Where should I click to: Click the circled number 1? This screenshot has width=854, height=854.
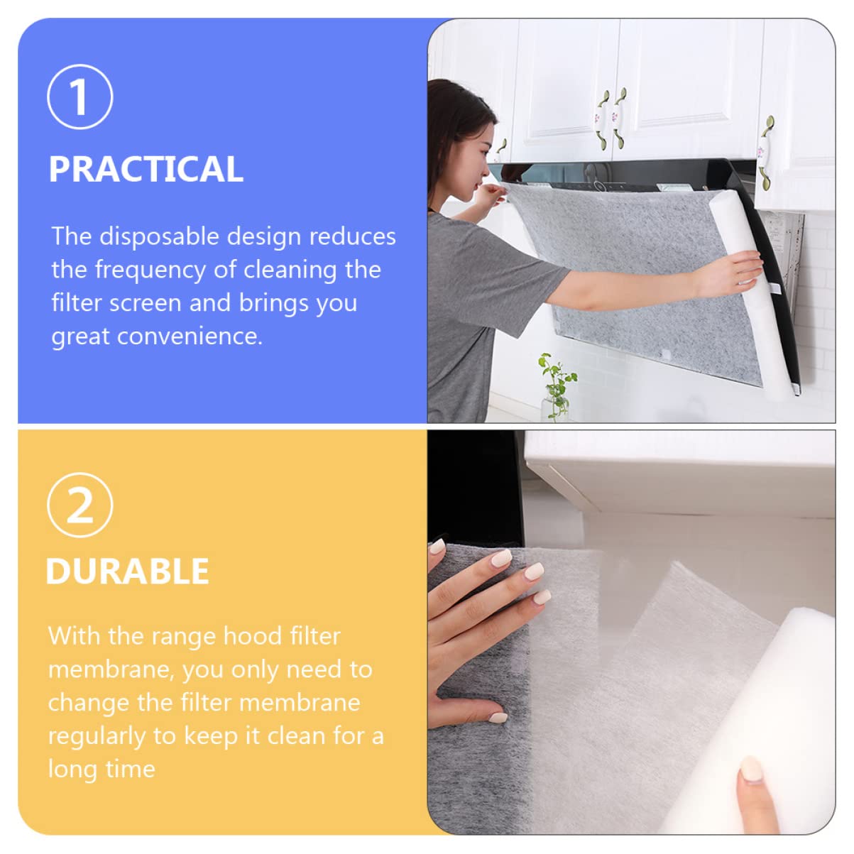click(x=80, y=97)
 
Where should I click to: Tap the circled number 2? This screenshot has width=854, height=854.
click(x=80, y=505)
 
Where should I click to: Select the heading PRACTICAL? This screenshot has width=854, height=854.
click(x=146, y=169)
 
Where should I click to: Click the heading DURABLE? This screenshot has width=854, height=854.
click(x=127, y=571)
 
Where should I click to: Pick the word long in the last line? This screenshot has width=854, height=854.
click(x=69, y=769)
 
